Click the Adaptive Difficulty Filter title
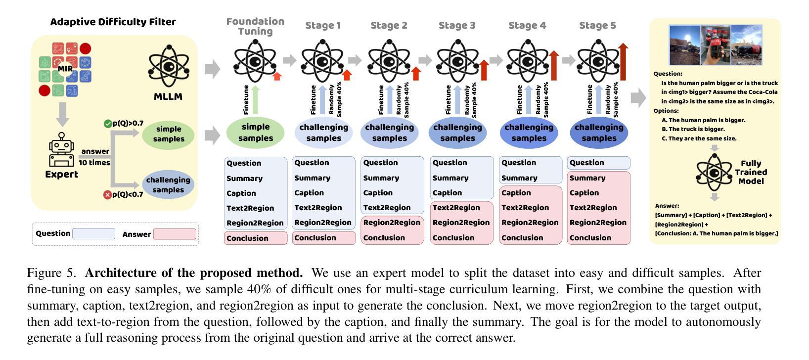(113, 22)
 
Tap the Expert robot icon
(61, 150)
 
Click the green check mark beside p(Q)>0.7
(108, 124)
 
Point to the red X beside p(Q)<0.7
(107, 195)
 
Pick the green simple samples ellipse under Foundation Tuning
(255, 133)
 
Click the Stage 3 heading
(457, 26)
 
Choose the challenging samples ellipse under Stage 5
(599, 133)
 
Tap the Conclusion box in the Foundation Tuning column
(255, 238)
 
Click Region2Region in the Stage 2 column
(392, 223)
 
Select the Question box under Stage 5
(598, 163)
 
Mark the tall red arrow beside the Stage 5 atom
(623, 61)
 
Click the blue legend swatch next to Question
(93, 234)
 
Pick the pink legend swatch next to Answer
(175, 234)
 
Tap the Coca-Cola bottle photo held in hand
(715, 45)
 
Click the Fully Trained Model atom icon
(714, 173)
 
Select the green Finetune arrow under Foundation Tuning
(255, 100)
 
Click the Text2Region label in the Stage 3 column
(456, 208)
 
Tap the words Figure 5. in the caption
(51, 273)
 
